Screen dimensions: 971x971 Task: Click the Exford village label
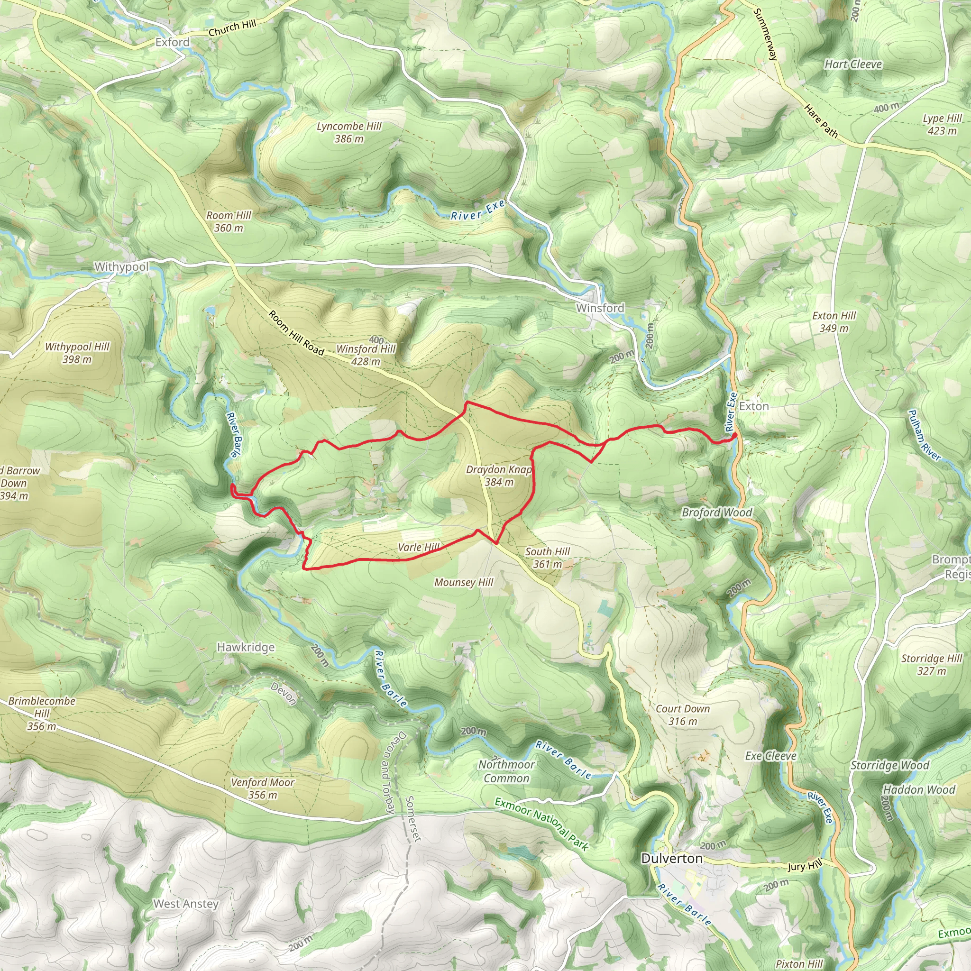[x=173, y=42]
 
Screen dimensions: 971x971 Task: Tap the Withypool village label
[x=122, y=266]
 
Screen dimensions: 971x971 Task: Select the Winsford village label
[x=600, y=308]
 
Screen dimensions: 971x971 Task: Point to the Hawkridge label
[x=246, y=647]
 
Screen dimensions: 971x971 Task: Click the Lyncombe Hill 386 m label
[x=349, y=132]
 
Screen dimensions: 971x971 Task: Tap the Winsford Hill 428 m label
[x=366, y=355]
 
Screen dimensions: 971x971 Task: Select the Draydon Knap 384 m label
[x=499, y=476]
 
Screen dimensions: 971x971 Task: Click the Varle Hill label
[x=419, y=547]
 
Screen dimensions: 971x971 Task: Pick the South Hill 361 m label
[x=547, y=558]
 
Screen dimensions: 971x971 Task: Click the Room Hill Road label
[x=296, y=333]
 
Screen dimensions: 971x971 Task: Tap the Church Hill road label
[x=232, y=28]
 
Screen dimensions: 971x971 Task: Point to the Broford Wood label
[x=717, y=513]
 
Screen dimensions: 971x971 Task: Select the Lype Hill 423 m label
[x=942, y=124]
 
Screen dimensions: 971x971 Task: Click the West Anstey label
[x=186, y=904]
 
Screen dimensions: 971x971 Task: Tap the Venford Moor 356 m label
[x=262, y=788]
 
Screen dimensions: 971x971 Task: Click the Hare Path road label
[x=821, y=121]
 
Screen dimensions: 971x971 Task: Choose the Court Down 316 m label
[x=683, y=715]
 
